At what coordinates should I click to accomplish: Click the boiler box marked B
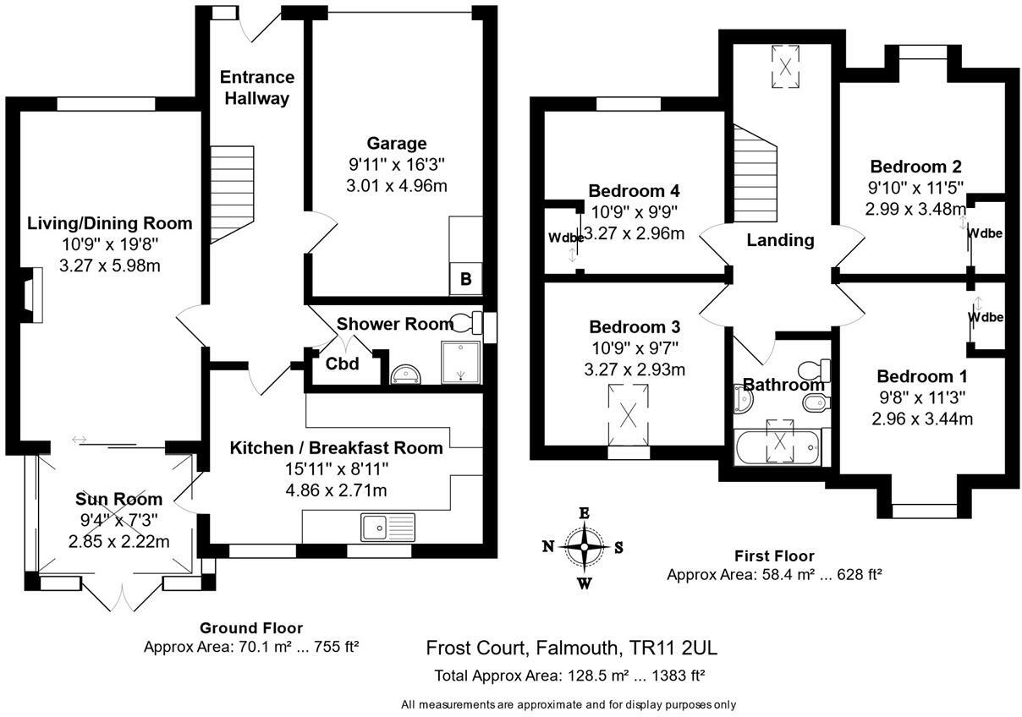(x=465, y=278)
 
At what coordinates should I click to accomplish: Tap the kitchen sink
(x=387, y=527)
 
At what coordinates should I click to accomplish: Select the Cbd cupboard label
(x=342, y=364)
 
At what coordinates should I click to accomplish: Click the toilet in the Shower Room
(x=466, y=322)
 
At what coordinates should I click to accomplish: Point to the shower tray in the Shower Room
(x=461, y=362)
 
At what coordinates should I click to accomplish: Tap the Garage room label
(x=397, y=143)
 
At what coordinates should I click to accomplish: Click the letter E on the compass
(x=584, y=513)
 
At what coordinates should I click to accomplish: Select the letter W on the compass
(x=585, y=583)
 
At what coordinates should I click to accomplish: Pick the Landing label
(x=780, y=240)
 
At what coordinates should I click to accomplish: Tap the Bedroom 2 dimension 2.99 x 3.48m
(x=915, y=209)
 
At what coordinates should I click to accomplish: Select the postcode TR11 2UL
(x=673, y=647)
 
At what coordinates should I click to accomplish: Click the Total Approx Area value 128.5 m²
(x=599, y=676)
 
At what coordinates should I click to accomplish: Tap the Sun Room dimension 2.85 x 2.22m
(x=118, y=541)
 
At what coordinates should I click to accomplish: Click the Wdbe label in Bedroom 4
(x=566, y=238)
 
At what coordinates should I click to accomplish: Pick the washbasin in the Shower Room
(x=406, y=374)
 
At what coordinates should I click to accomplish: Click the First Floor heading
(x=774, y=556)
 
